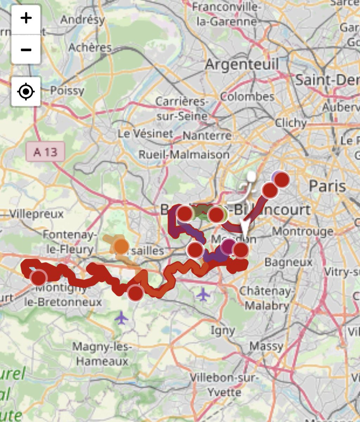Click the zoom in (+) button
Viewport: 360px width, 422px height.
(26, 18)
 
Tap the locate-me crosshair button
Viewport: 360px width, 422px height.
(26, 92)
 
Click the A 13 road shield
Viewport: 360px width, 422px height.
(45, 152)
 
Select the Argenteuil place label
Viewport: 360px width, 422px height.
(242, 64)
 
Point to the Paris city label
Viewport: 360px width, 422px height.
(327, 186)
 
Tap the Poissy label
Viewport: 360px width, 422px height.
(67, 91)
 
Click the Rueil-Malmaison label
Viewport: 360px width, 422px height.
(184, 154)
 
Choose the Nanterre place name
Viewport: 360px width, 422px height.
(207, 135)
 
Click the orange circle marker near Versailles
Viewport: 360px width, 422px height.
(121, 246)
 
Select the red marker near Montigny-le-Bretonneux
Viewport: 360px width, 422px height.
(39, 277)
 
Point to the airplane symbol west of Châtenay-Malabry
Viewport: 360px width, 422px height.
(203, 294)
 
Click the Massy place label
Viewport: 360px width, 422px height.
(266, 346)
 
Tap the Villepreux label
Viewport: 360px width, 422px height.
(37, 213)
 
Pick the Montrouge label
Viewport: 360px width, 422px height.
(302, 231)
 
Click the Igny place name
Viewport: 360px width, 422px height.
(223, 330)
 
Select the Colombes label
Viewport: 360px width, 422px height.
(247, 96)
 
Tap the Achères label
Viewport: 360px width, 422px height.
(90, 47)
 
